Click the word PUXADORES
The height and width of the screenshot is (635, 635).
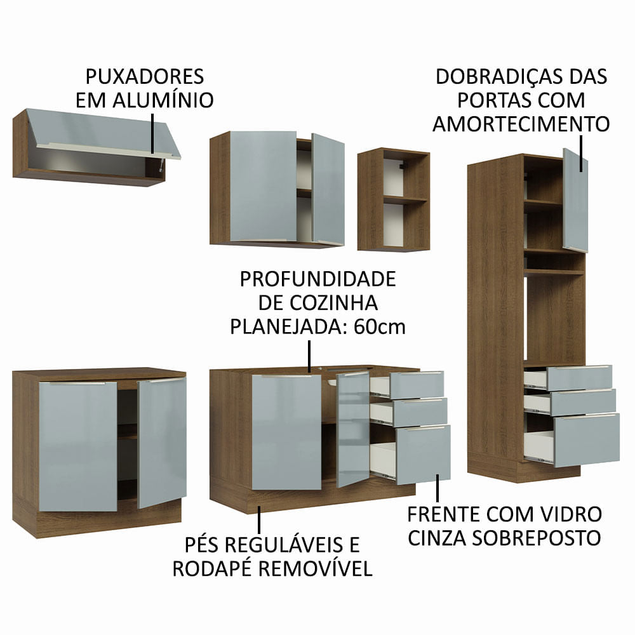[x=144, y=77]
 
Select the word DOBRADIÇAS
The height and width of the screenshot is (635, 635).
[x=497, y=77]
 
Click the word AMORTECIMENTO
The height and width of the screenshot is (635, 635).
[x=521, y=123]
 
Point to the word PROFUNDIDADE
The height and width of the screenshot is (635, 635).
[x=317, y=279]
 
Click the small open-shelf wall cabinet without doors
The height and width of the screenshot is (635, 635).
[x=393, y=199]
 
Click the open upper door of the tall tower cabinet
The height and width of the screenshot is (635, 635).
[x=575, y=200]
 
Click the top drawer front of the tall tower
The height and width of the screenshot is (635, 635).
[x=578, y=377]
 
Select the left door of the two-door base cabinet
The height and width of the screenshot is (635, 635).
[x=78, y=446]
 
